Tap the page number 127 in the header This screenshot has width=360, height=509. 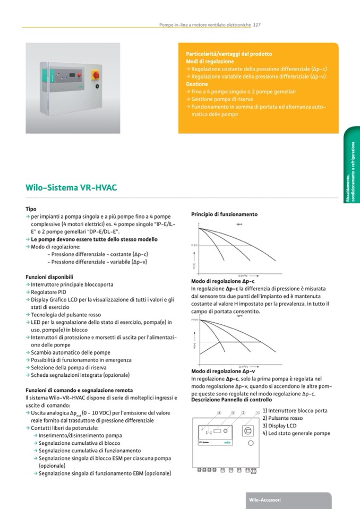coord(256,24)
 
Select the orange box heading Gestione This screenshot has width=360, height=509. coord(197,84)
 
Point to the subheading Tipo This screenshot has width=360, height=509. coord(31,210)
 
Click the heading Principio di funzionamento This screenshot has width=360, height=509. coord(224,214)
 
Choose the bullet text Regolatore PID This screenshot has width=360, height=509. coord(49,292)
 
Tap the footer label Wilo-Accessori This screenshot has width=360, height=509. coord(266,500)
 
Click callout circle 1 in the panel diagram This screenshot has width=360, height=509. coord(258,413)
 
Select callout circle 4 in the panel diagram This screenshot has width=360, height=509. coord(218,413)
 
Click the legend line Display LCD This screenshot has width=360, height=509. coord(281,426)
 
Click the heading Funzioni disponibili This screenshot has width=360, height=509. coord(49,277)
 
